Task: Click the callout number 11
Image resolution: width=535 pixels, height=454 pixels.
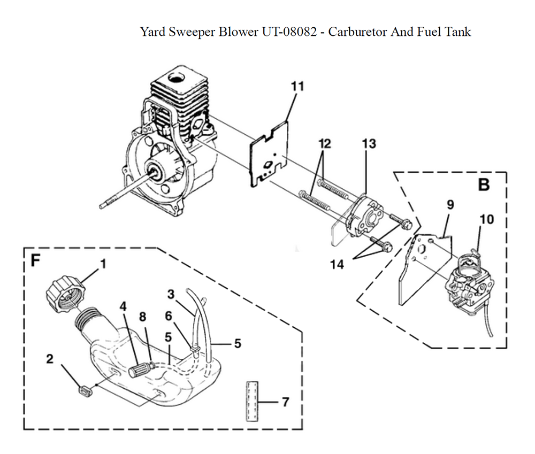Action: pos(297,86)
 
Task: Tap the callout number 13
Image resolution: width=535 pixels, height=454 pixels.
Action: pos(369,143)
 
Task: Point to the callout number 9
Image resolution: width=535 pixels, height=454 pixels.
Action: pos(450,204)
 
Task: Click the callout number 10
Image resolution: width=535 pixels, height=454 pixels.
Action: pos(487,219)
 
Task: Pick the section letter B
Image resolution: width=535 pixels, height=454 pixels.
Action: pos(483,185)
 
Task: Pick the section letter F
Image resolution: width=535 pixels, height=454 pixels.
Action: pos(36,260)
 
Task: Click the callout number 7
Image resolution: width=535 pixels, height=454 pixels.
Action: pos(285,402)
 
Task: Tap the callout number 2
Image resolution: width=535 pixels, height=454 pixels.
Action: pos(49,359)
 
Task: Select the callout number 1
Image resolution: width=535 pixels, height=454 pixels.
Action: pos(103,264)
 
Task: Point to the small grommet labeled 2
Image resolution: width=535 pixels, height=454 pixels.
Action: pos(83,393)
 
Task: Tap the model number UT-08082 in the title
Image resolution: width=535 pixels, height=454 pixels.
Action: pos(292,32)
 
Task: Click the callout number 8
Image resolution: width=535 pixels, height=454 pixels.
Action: pos(143,317)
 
